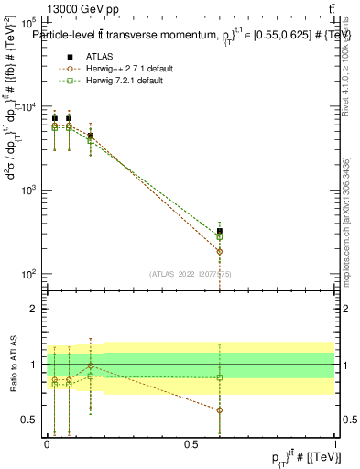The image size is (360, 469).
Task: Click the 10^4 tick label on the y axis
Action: (x=27, y=106)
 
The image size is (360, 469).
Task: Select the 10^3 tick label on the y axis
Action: (x=27, y=191)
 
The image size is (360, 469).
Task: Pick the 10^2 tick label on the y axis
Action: (x=27, y=275)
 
